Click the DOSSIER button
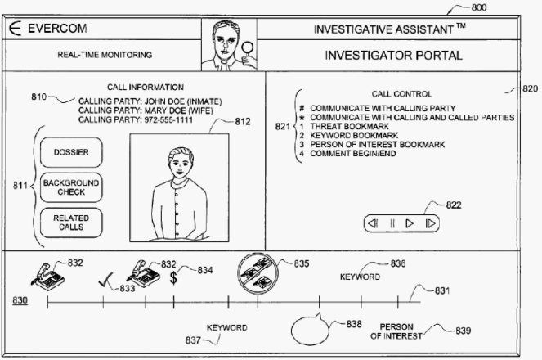pyautogui.click(x=71, y=152)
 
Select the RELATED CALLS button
pyautogui.click(x=71, y=223)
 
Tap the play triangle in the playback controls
pyautogui.click(x=410, y=223)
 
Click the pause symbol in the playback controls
pyautogui.click(x=392, y=223)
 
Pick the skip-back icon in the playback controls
pyautogui.click(x=373, y=223)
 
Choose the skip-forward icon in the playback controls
pyautogui.click(x=430, y=223)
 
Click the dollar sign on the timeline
pyautogui.click(x=173, y=277)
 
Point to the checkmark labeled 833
pyautogui.click(x=105, y=280)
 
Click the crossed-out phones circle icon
pyautogui.click(x=258, y=272)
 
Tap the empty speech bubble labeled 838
pyautogui.click(x=310, y=329)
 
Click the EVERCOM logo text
pyautogui.click(x=57, y=29)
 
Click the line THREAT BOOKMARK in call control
pyautogui.click(x=349, y=127)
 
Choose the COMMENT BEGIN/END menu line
pyautogui.click(x=352, y=154)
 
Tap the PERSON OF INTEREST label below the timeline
pyautogui.click(x=396, y=331)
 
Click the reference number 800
pyautogui.click(x=479, y=7)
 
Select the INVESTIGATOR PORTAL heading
pyautogui.click(x=393, y=56)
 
